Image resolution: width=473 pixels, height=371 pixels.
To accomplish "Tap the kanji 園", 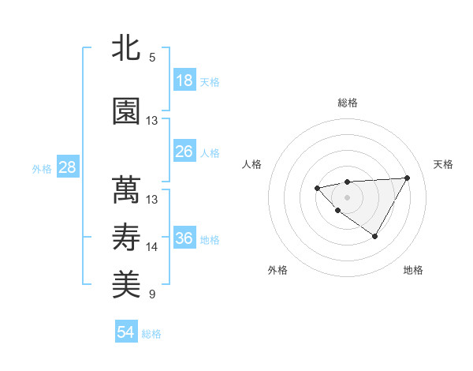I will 126,112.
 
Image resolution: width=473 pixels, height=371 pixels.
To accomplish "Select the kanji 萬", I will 126,189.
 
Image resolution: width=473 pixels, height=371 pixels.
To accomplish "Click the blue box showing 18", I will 184,81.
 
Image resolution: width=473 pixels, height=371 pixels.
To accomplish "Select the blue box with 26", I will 184,151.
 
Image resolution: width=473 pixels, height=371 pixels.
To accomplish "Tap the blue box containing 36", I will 184,238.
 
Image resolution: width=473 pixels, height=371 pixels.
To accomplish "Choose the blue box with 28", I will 66,167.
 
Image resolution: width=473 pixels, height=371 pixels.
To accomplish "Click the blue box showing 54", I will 126,332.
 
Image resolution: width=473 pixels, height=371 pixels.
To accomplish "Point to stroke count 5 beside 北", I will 152,58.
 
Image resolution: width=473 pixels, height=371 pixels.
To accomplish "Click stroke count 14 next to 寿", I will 152,247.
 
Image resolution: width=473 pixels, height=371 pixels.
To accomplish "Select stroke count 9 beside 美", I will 152,294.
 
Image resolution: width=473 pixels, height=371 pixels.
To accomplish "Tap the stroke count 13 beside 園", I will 152,121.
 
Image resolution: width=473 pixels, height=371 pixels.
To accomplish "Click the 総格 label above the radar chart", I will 347,103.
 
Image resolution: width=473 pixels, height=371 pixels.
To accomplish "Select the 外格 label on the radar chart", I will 277,270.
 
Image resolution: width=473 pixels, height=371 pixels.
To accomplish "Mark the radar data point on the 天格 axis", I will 407,178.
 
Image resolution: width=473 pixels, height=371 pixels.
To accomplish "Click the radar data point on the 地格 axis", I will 375,236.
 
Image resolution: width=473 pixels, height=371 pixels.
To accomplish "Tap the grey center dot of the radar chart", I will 347,197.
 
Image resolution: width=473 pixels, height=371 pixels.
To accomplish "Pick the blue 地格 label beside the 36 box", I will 210,240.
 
